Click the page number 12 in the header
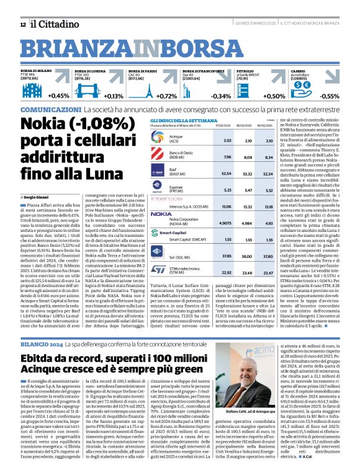22,24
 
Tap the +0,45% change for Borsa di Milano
58,95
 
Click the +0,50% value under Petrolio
274,96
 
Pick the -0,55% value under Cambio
328,96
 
